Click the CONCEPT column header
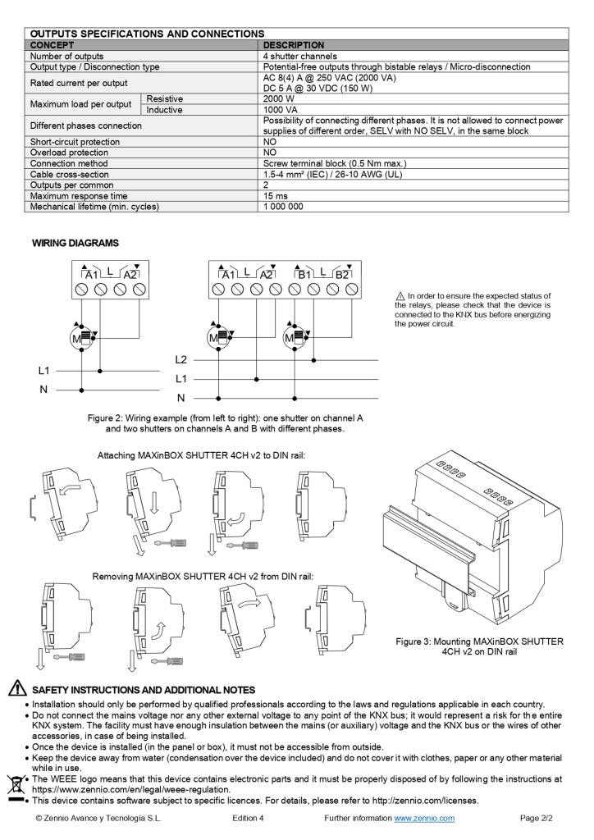pyautogui.click(x=53, y=45)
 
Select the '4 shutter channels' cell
pyautogui.click(x=300, y=56)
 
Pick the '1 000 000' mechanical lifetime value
pyautogui.click(x=283, y=207)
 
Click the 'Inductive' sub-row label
pyautogui.click(x=165, y=110)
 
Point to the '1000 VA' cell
pyautogui.click(x=281, y=110)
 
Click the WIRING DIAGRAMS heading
pyautogui.click(x=75, y=243)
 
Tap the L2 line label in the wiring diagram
pyautogui.click(x=181, y=359)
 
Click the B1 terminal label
pyautogui.click(x=305, y=274)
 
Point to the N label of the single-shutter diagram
pyautogui.click(x=43, y=390)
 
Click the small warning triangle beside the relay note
pyautogui.click(x=400, y=295)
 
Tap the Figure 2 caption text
pyautogui.click(x=225, y=423)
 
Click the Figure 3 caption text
pyautogui.click(x=479, y=646)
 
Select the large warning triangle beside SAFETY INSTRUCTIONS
pyautogui.click(x=16, y=689)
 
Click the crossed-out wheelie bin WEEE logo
pyautogui.click(x=16, y=785)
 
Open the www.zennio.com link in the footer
pyautogui.click(x=424, y=818)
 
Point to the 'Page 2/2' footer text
pyautogui.click(x=537, y=818)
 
